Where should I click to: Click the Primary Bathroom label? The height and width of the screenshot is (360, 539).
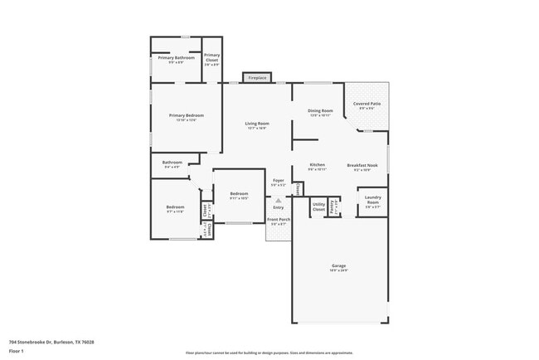(x=176, y=58)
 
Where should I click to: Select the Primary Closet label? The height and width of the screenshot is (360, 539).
(x=211, y=58)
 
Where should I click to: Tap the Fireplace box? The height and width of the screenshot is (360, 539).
(x=257, y=78)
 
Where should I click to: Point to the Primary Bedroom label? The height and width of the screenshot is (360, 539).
(x=187, y=117)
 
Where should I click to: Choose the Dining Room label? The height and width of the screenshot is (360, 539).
(x=320, y=112)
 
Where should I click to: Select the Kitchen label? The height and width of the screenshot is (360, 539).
(x=317, y=166)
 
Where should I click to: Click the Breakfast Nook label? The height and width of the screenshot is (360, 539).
(x=362, y=166)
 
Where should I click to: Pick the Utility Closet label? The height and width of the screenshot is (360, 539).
(x=318, y=205)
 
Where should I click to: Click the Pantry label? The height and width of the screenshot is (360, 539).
(x=333, y=205)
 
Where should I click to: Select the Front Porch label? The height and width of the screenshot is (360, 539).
(x=278, y=221)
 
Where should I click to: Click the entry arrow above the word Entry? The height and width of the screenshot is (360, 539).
(x=279, y=200)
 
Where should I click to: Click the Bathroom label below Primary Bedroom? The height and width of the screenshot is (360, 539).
(x=172, y=163)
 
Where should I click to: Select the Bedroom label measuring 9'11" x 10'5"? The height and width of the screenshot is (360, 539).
(x=239, y=195)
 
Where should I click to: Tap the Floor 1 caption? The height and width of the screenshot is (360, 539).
(x=17, y=351)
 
